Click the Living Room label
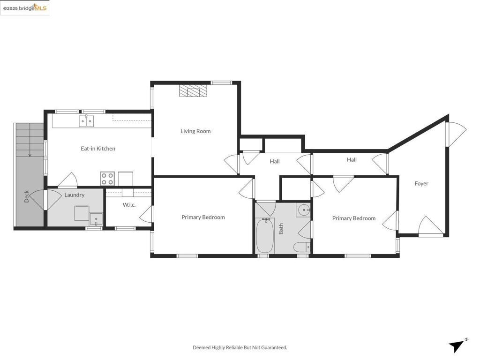(195, 131)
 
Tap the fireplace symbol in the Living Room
(193, 91)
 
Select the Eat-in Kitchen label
(98, 149)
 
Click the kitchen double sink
(86, 121)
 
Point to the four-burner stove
(107, 179)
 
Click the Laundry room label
(75, 195)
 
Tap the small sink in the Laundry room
(96, 219)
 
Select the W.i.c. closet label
(129, 205)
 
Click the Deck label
(27, 196)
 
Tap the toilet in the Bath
(301, 247)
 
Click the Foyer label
(421, 184)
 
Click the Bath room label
(281, 229)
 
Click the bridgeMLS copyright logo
(25, 7)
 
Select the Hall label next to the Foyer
(352, 160)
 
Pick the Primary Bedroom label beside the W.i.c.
(203, 217)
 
